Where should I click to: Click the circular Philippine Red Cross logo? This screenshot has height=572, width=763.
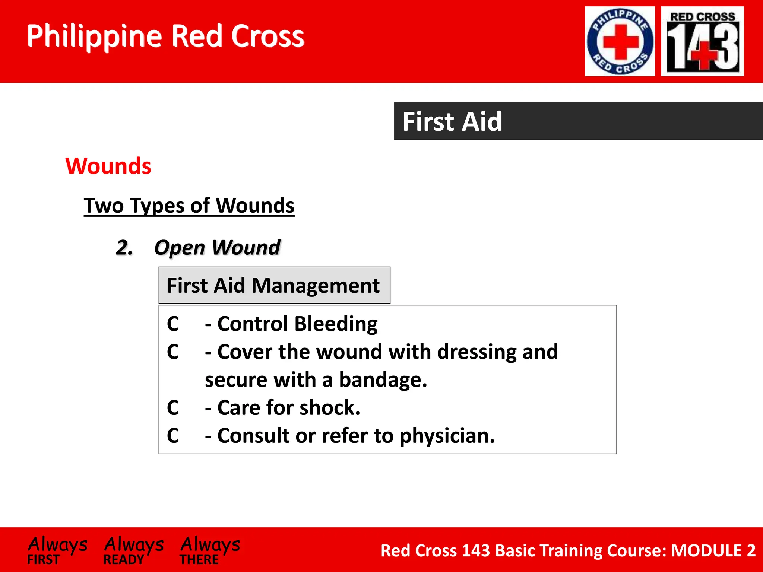click(x=620, y=41)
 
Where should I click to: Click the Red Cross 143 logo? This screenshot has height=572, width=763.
click(x=702, y=41)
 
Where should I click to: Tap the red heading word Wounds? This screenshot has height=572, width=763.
click(x=108, y=166)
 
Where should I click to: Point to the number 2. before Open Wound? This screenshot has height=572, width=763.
click(x=124, y=248)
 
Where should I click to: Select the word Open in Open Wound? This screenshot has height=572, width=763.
click(x=180, y=248)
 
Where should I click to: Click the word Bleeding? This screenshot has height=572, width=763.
click(x=336, y=324)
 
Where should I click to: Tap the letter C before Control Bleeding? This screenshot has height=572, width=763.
click(x=173, y=324)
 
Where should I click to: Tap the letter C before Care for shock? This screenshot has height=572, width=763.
click(x=173, y=408)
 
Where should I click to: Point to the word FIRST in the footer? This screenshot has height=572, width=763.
click(x=43, y=560)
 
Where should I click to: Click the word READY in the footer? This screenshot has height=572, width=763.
click(x=123, y=560)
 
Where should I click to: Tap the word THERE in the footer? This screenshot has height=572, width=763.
click(x=199, y=560)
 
